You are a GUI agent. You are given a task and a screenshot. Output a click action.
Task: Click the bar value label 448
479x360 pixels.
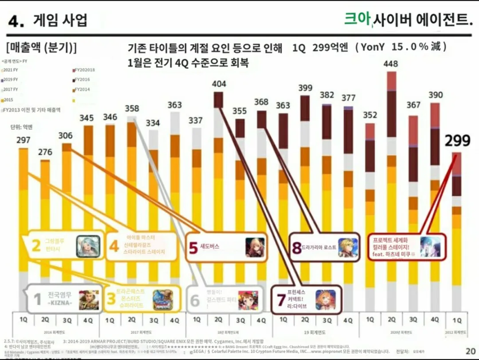point(391,64)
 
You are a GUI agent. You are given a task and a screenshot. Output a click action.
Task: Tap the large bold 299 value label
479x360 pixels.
point(457,141)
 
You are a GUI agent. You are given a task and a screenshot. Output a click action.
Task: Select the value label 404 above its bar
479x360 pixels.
point(219,84)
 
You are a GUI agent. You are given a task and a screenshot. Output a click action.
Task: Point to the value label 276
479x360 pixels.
point(45,152)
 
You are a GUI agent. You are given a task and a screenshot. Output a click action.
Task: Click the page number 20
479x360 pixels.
point(470,351)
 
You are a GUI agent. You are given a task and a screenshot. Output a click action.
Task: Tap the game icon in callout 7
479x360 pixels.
point(325,300)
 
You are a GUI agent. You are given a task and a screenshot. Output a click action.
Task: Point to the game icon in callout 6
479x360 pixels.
point(247,300)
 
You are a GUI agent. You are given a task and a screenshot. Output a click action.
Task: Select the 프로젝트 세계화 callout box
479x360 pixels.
point(403,247)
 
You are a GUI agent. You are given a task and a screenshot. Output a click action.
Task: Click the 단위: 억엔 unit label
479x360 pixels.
point(21,127)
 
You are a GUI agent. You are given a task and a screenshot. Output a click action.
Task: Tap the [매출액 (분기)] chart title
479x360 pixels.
point(42,48)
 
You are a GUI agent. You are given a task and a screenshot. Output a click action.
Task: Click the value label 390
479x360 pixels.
point(435,95)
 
